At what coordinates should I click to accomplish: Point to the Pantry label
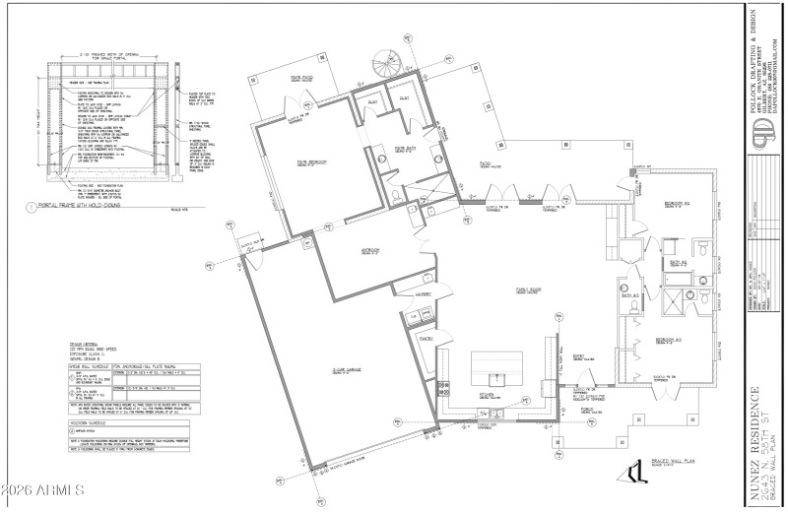click(x=427, y=338)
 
